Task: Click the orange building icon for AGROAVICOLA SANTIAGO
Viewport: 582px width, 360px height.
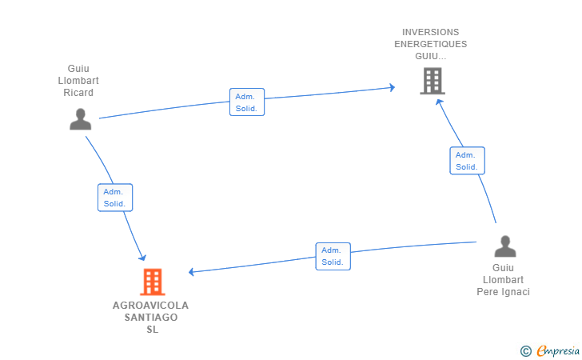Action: coord(153,282)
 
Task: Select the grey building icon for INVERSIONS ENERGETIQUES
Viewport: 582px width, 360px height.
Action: coord(433,81)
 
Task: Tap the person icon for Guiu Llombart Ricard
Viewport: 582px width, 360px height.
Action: coord(81,119)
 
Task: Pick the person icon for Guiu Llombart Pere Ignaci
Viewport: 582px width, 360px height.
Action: coord(505,246)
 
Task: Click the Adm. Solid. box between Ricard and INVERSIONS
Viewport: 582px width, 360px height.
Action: coord(247,102)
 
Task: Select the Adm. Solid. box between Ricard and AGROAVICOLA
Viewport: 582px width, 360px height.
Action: coord(115,198)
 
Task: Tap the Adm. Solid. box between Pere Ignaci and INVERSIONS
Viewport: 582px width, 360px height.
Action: coord(468,161)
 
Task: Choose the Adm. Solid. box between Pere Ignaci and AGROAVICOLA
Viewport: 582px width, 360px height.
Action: coord(333,256)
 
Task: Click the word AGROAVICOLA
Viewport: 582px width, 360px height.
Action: coord(150,306)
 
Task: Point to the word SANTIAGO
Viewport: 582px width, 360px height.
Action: coord(151,318)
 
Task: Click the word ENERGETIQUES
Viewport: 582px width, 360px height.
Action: coord(431,44)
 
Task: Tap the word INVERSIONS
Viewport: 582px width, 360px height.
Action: coord(431,32)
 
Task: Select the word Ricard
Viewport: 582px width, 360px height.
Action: coord(78,93)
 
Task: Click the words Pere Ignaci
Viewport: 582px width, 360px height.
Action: coord(504,292)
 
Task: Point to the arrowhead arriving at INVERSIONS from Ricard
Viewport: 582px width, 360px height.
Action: coord(392,88)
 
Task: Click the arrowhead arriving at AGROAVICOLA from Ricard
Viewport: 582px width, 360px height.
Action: coord(142,258)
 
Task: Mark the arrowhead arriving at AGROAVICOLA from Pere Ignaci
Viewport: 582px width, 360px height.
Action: coord(192,272)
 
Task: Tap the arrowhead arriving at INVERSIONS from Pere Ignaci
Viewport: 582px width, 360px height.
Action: coord(440,103)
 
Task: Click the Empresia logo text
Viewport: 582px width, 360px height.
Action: coord(558,350)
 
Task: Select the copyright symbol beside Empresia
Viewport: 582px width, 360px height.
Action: coord(526,351)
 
